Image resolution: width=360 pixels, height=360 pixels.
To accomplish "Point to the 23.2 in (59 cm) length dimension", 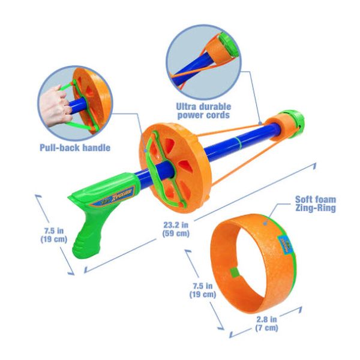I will [180, 230].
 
